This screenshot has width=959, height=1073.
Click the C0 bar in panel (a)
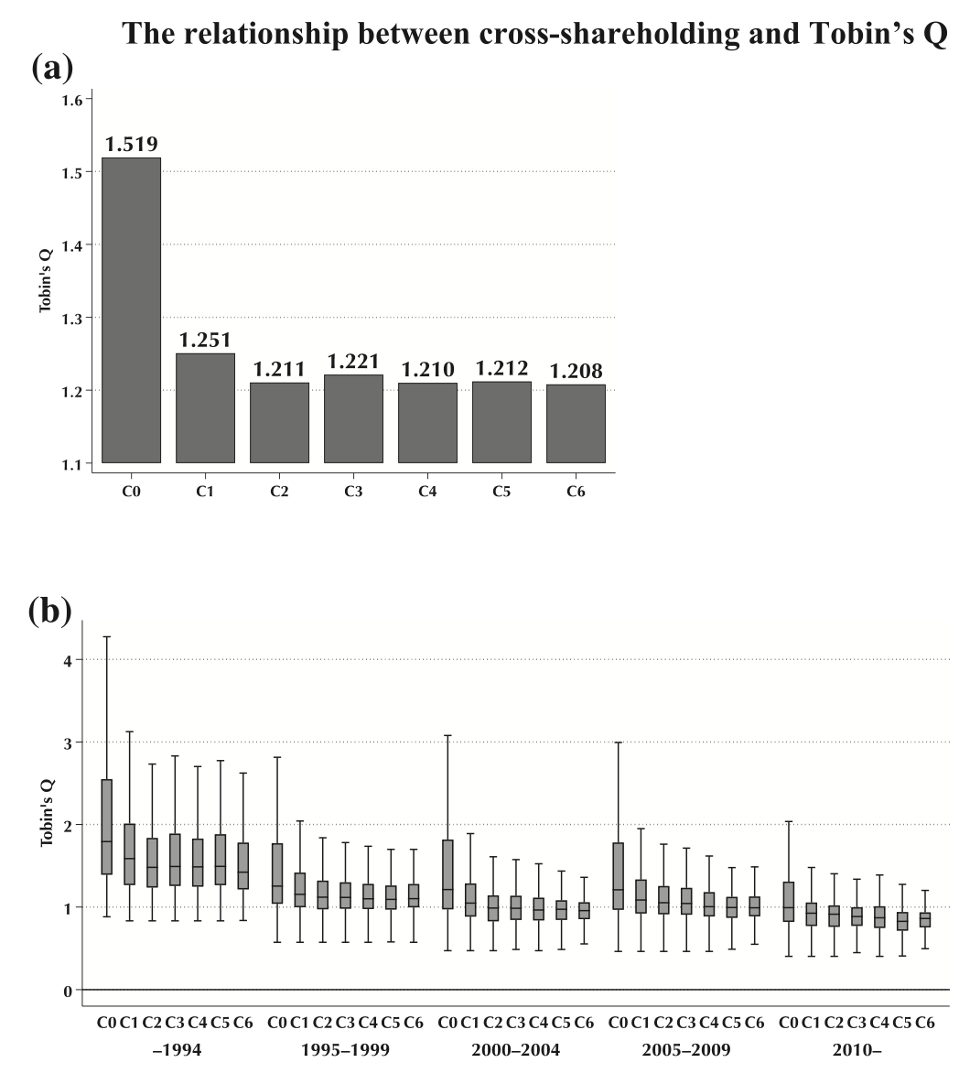click(x=131, y=310)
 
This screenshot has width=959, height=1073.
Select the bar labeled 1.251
click(x=205, y=407)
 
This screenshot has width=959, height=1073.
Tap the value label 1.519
click(x=132, y=145)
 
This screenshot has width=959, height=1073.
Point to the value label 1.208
click(x=576, y=372)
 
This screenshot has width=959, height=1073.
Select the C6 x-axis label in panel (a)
click(x=576, y=492)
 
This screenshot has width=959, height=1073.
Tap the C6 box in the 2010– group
click(x=925, y=919)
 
